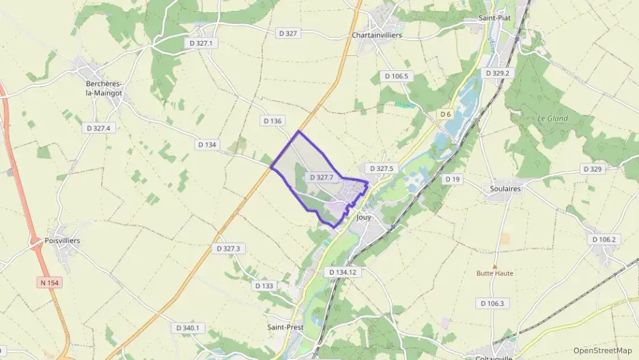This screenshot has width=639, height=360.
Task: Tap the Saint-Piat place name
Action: (x=494, y=18)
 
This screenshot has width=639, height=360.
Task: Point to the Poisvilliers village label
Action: (x=62, y=240)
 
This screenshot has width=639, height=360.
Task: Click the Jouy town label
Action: (x=363, y=217)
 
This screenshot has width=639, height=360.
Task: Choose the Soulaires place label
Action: (x=505, y=189)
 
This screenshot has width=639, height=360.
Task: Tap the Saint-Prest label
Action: (x=285, y=327)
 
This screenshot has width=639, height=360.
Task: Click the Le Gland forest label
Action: (x=552, y=118)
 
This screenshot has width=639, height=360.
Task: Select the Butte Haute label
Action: (x=494, y=273)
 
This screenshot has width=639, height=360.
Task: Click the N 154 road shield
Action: (x=48, y=281)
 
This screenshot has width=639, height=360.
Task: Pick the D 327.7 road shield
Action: (x=321, y=178)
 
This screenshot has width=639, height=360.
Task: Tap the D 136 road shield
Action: (x=272, y=121)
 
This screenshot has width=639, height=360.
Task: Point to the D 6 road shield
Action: (x=445, y=114)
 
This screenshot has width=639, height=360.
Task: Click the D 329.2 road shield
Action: (x=498, y=72)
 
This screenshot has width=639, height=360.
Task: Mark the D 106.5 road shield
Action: (x=396, y=76)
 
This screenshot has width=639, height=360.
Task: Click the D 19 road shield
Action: (x=452, y=179)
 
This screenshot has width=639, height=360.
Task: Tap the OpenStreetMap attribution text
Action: (x=602, y=350)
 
